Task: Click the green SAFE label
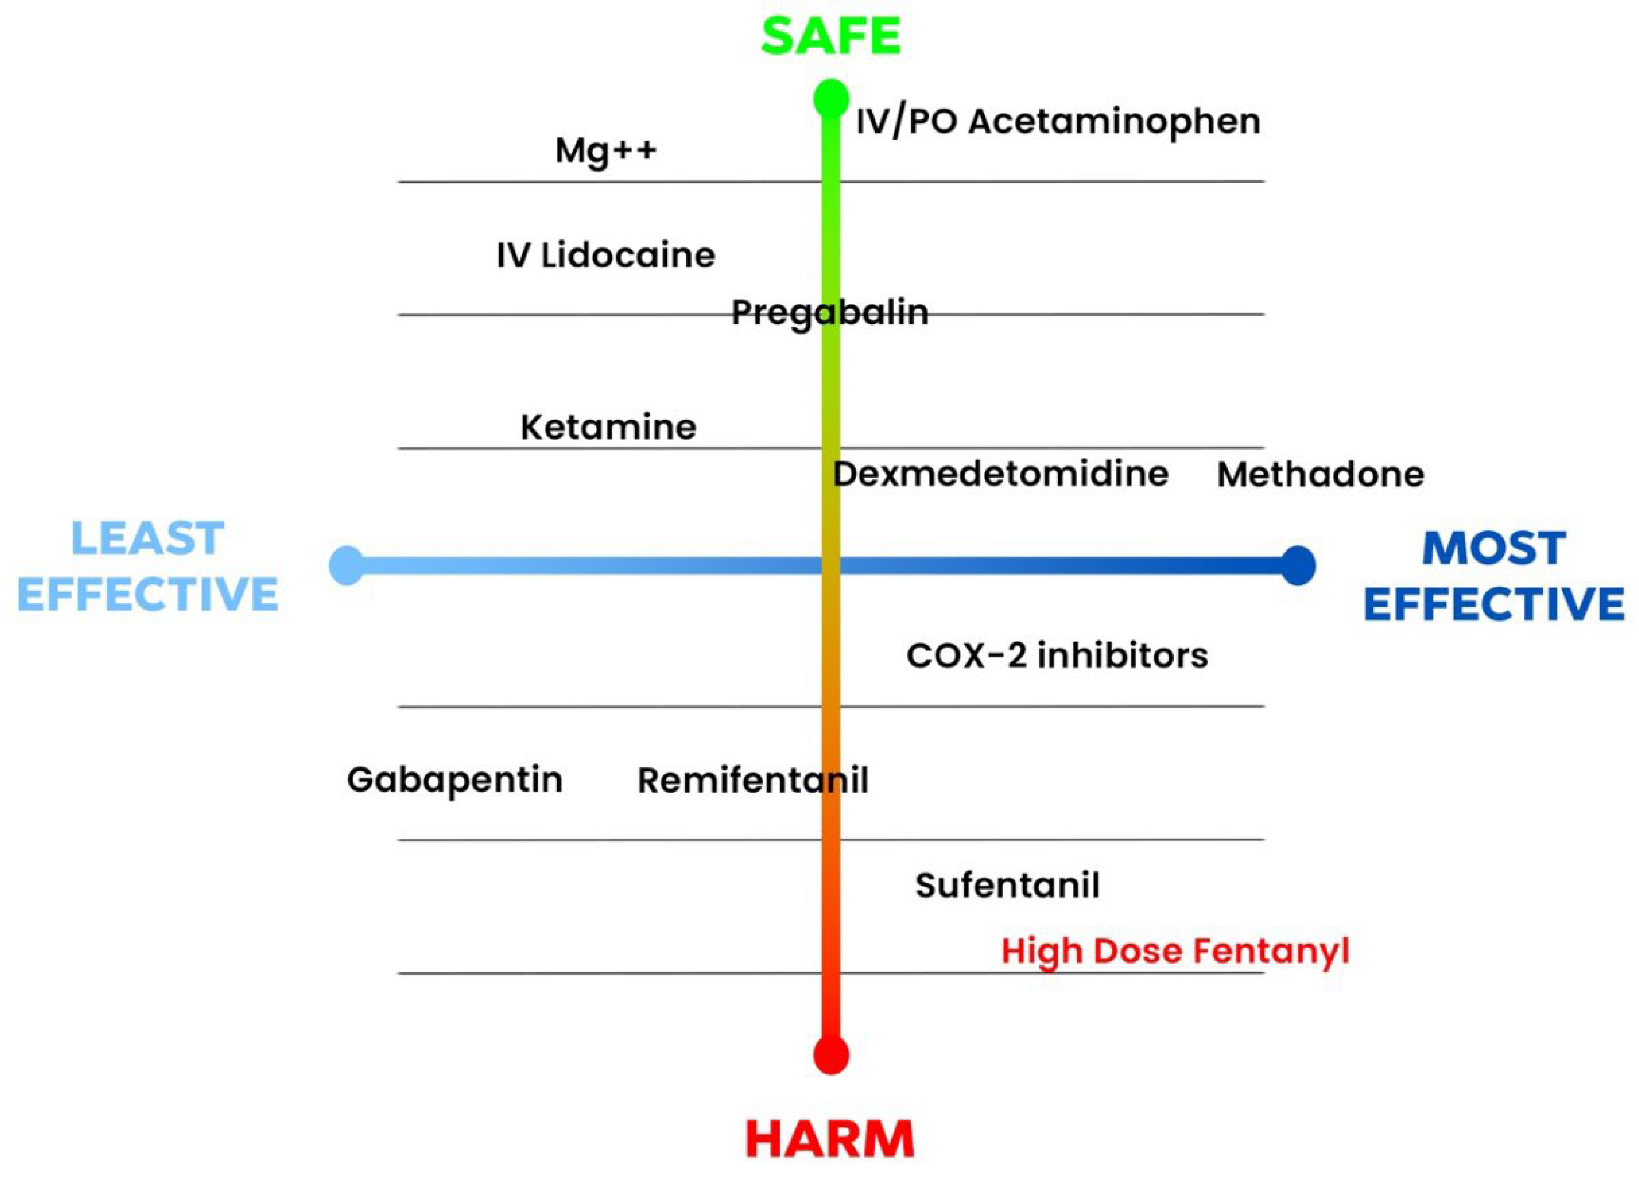(x=831, y=36)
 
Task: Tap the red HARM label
(x=829, y=1140)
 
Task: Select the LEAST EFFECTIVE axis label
(x=148, y=567)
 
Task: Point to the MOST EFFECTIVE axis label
(x=1494, y=576)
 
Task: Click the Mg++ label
(x=606, y=151)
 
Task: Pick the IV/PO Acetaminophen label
(x=1058, y=121)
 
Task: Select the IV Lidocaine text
(x=606, y=255)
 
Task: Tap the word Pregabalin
(x=829, y=312)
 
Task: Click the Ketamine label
(x=609, y=427)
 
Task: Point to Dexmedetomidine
(x=1001, y=474)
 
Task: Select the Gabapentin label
(x=455, y=780)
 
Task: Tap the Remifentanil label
(x=753, y=780)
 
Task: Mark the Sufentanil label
(x=1008, y=885)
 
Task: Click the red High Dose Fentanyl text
(x=1175, y=951)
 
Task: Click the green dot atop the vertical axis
(x=831, y=98)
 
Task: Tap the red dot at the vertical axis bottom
(x=831, y=1056)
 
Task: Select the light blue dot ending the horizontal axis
(x=347, y=565)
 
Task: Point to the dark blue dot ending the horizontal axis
(x=1298, y=565)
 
